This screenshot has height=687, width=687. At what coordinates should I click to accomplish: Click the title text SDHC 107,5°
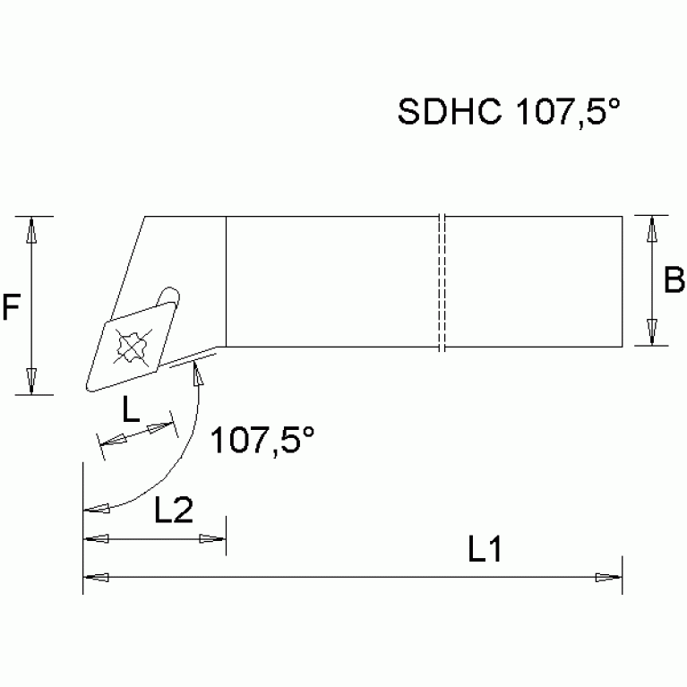pyautogui.click(x=509, y=113)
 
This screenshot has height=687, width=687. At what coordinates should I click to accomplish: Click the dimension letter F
pyautogui.click(x=12, y=309)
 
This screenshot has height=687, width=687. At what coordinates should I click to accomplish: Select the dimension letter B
pyautogui.click(x=674, y=281)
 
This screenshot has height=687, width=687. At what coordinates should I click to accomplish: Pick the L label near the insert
pyautogui.click(x=131, y=411)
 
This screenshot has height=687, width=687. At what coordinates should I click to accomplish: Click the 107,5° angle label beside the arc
pyautogui.click(x=262, y=442)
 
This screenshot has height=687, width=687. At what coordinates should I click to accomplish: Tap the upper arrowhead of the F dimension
pyautogui.click(x=31, y=230)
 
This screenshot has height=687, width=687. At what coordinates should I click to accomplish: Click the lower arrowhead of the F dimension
pyautogui.click(x=31, y=380)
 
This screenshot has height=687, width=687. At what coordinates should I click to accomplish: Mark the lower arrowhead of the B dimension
pyautogui.click(x=653, y=332)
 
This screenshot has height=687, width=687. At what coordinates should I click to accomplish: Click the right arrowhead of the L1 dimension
pyautogui.click(x=610, y=576)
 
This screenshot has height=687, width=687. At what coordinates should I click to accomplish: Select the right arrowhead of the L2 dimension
pyautogui.click(x=213, y=539)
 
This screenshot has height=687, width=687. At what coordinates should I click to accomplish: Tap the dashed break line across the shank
pyautogui.click(x=442, y=281)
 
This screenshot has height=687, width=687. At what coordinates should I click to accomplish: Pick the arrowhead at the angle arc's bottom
pyautogui.click(x=95, y=509)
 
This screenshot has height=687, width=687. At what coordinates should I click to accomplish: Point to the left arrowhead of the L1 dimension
pyautogui.click(x=95, y=576)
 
